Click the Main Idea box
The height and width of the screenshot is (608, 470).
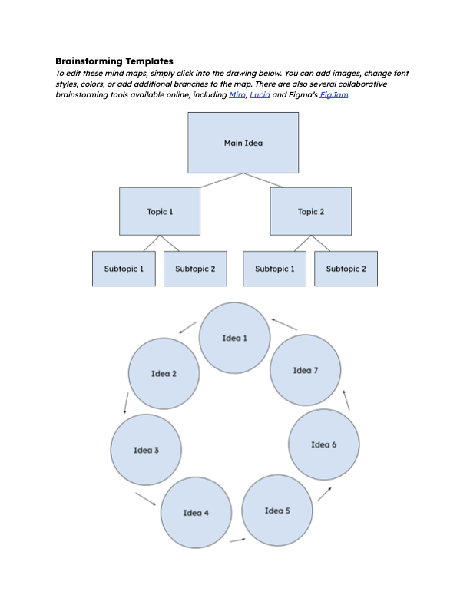pos(243,143)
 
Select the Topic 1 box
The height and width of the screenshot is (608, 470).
pos(160,211)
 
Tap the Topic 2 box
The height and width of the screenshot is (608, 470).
pos(310,211)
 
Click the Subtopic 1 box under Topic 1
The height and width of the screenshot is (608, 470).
pos(124,269)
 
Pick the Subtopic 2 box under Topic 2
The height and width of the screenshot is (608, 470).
pos(346,269)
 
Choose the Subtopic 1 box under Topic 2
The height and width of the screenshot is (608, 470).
pos(274,269)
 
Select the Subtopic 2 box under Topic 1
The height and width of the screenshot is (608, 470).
pos(195,269)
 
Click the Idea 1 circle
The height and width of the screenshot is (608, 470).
pos(235,338)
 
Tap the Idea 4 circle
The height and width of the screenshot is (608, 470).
pos(196,512)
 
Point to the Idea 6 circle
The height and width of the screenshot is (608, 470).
pos(323,444)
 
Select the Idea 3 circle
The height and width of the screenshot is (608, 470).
pos(146,450)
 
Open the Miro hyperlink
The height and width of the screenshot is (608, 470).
pos(237,94)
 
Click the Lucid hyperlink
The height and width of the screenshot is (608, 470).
pos(260,94)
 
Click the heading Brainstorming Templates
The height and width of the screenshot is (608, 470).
pos(114,61)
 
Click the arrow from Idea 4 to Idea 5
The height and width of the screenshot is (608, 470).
pos(237,540)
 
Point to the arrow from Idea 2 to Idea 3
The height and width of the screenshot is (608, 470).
pos(124,403)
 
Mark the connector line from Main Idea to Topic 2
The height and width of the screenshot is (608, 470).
pos(263,180)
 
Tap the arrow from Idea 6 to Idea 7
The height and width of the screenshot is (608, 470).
pos(346,399)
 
